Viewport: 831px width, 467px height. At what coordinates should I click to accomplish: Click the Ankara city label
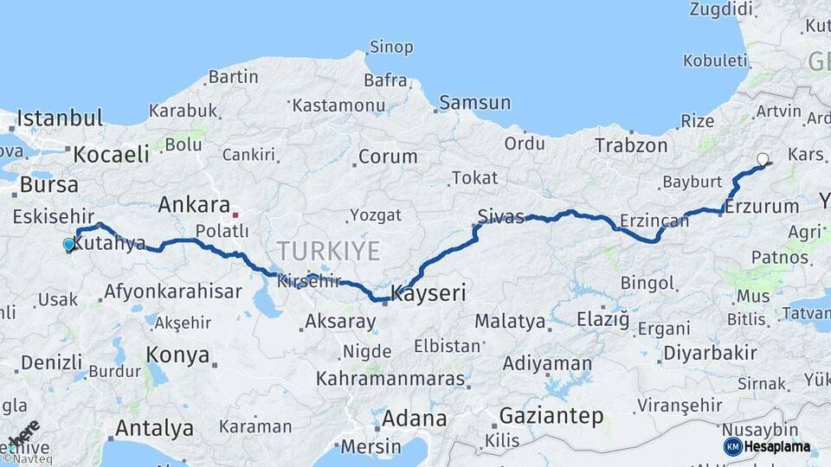point(193,206)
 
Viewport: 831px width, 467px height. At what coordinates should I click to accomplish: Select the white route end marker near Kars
point(763,159)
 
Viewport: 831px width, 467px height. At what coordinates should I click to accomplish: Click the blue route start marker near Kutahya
point(69,245)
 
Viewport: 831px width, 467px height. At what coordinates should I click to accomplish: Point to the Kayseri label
point(428,294)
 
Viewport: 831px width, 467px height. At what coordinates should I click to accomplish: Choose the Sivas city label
point(501,217)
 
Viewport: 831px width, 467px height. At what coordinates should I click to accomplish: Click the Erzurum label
point(762,208)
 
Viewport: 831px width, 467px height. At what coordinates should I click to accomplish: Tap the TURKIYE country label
point(328,252)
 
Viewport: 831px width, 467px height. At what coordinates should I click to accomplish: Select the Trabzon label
point(631,146)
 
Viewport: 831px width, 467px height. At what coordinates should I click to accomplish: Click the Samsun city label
point(474,103)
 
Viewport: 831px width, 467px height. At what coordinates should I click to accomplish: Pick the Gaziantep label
point(551,416)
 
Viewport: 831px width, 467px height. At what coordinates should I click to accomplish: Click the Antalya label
point(154,428)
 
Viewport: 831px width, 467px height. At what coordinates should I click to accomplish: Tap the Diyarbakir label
point(710,353)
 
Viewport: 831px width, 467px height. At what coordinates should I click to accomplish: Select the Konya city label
point(177,355)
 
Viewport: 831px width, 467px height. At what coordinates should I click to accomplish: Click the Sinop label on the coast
point(391,47)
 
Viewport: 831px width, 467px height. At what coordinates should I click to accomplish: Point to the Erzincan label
point(654,221)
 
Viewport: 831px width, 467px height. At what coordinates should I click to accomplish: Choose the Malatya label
point(510,322)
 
